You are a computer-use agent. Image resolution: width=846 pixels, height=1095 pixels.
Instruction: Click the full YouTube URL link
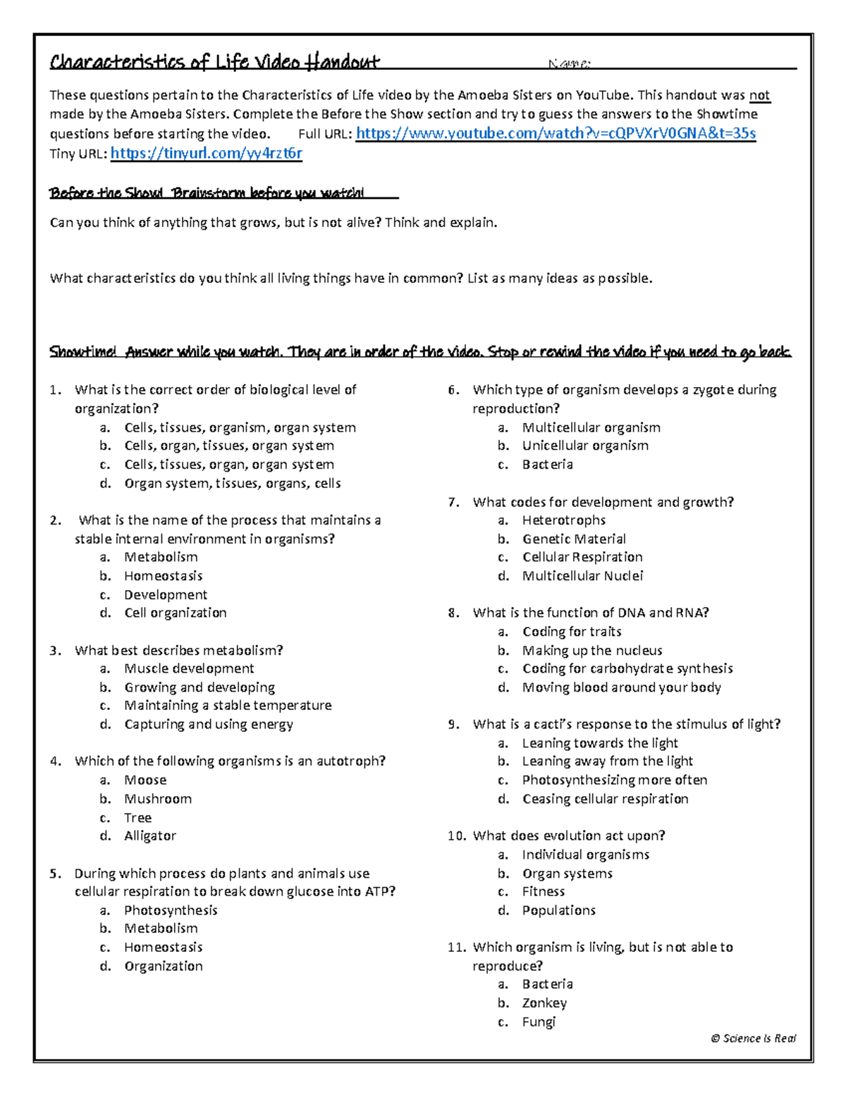(x=556, y=133)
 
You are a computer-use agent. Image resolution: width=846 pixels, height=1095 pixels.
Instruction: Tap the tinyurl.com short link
(x=207, y=153)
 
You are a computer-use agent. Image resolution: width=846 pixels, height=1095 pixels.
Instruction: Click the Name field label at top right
(x=569, y=64)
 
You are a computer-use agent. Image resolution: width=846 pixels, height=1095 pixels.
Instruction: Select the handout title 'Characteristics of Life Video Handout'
(x=214, y=62)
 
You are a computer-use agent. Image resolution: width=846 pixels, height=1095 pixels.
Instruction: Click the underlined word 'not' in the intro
(x=759, y=95)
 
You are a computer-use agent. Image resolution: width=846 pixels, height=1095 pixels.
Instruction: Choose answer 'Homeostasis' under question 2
(x=163, y=576)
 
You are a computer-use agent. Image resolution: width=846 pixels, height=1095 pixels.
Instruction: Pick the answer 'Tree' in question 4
(x=137, y=818)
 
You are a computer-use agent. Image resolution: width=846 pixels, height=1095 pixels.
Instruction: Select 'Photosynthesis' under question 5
(x=171, y=910)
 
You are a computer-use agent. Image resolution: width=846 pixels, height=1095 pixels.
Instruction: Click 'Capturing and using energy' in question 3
(x=209, y=724)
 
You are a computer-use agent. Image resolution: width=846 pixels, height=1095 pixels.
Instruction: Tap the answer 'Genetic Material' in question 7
(x=574, y=539)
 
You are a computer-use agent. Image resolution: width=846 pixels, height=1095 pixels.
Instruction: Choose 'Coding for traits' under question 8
(x=572, y=632)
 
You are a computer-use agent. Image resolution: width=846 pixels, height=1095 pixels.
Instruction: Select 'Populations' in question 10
(x=558, y=910)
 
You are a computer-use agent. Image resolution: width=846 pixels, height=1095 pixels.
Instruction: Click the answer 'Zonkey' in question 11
(x=544, y=1003)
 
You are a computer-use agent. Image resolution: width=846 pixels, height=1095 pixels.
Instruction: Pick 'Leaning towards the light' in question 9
(x=600, y=743)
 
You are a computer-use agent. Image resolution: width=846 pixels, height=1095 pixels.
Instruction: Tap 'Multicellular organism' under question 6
(x=591, y=427)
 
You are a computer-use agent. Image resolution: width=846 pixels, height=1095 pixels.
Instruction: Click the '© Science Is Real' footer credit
(x=754, y=1038)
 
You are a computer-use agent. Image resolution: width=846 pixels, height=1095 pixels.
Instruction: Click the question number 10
(x=456, y=836)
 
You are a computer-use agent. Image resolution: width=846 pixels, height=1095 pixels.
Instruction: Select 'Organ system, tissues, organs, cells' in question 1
(x=233, y=484)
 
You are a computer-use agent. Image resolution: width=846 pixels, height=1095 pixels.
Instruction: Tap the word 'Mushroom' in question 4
(x=158, y=799)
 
